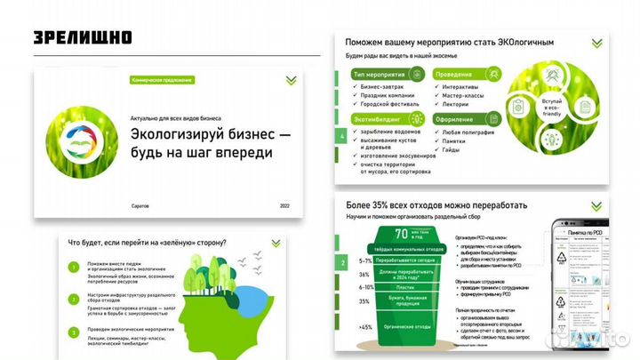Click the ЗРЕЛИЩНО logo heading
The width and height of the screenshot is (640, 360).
(x=84, y=37)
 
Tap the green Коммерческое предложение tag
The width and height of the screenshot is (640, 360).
(x=162, y=80)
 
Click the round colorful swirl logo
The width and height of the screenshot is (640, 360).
(x=76, y=138)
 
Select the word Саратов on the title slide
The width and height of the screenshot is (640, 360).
(x=141, y=205)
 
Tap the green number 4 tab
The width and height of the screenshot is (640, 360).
(x=341, y=136)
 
